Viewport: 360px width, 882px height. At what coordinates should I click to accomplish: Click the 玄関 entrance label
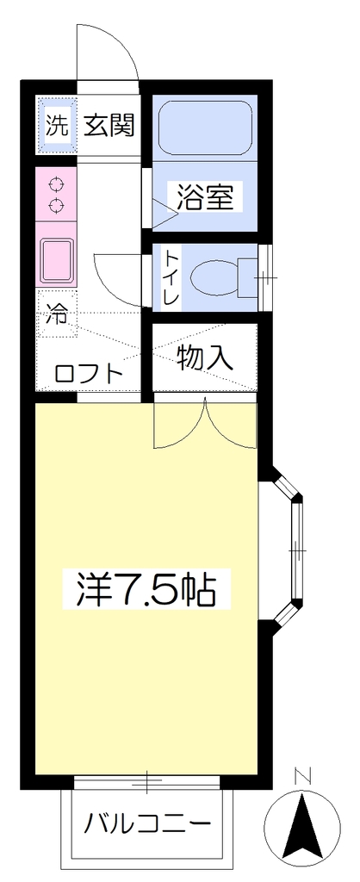(x=109, y=126)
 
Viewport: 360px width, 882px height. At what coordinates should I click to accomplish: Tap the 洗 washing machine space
(x=57, y=126)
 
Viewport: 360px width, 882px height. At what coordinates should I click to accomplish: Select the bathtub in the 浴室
(x=205, y=128)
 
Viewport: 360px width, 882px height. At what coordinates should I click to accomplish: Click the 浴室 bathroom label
(x=205, y=197)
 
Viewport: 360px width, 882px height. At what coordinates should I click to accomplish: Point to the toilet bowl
(x=216, y=278)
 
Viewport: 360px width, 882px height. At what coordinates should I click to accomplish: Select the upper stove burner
(x=56, y=183)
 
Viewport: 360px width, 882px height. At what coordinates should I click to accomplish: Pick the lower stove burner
(x=56, y=205)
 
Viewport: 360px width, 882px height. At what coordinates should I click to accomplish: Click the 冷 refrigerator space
(x=57, y=314)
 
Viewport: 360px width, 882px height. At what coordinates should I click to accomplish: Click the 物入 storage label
(x=205, y=357)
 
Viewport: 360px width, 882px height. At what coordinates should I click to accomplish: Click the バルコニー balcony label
(x=148, y=824)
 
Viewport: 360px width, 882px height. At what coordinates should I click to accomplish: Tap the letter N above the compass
(x=303, y=778)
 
